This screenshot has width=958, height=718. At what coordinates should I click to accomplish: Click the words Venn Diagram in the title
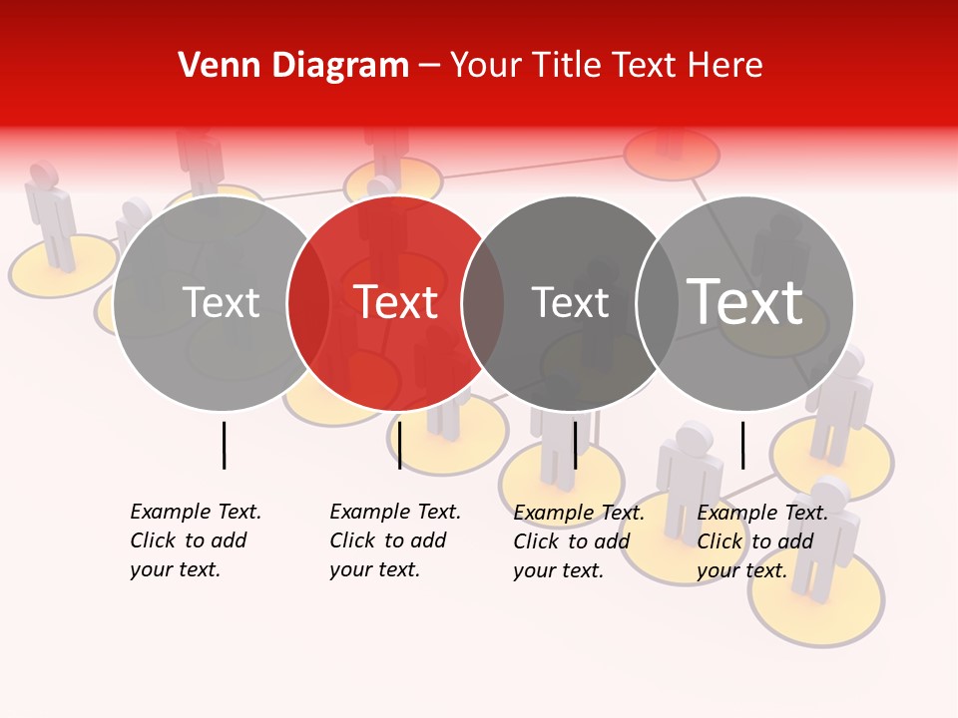click(x=293, y=66)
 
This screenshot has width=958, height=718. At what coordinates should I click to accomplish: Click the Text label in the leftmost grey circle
click(x=222, y=302)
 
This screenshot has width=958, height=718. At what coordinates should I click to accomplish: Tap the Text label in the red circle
click(x=396, y=302)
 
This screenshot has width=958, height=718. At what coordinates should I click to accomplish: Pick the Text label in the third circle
click(x=571, y=302)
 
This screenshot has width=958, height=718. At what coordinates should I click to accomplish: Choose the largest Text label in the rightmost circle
click(x=745, y=302)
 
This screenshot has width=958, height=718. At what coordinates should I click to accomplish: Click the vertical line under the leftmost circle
click(x=224, y=445)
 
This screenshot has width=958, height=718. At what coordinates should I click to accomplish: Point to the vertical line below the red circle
click(x=399, y=445)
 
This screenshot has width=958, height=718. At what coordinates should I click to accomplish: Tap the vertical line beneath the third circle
click(x=575, y=445)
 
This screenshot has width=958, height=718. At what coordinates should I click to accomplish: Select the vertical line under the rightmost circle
click(x=742, y=445)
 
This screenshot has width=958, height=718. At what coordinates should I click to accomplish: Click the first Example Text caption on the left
click(x=195, y=540)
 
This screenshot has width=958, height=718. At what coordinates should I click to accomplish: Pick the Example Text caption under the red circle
click(x=394, y=540)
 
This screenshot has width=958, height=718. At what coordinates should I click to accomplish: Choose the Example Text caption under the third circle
click(x=578, y=541)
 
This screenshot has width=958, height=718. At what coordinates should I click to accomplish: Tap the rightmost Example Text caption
click(x=761, y=541)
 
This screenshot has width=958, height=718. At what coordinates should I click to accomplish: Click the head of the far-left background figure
click(x=43, y=175)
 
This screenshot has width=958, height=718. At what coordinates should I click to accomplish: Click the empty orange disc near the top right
click(x=672, y=155)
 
